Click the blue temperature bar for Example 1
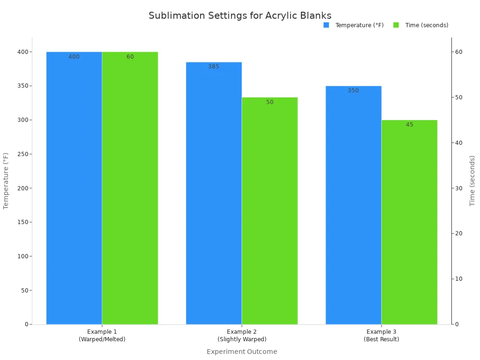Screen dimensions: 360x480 coord(74,187)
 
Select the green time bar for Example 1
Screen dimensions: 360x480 coord(130,187)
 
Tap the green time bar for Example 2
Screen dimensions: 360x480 coord(270,211)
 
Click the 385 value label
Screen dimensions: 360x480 coord(214,67)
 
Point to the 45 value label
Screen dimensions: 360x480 coord(410,125)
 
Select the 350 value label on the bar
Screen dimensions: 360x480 coord(353,90)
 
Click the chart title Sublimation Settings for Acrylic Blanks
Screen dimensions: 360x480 coord(240,15)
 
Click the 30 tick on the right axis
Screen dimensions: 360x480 coord(459,188)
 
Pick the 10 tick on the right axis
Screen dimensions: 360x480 coord(459,279)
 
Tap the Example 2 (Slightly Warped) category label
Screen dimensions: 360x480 coord(242,336)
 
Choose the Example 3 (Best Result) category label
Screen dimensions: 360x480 coord(382,336)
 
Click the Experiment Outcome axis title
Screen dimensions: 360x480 coord(242,352)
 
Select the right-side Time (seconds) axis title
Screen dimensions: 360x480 coord(472,181)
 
